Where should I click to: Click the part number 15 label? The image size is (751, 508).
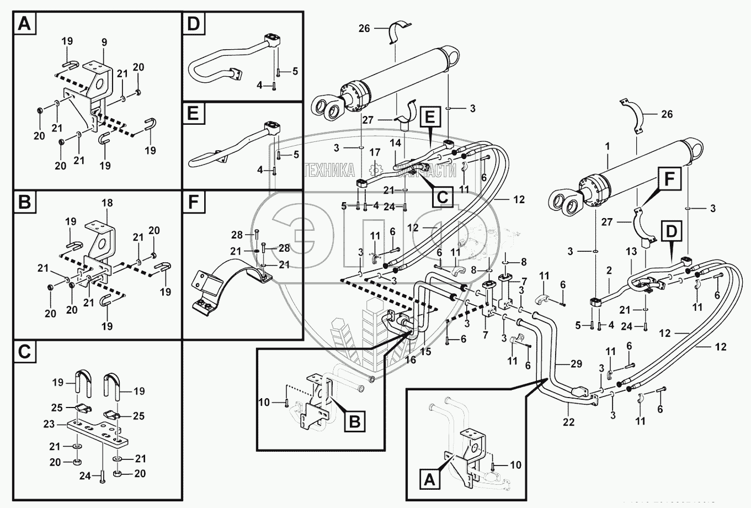click(425, 351)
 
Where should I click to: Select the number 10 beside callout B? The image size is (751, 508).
click(264, 402)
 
